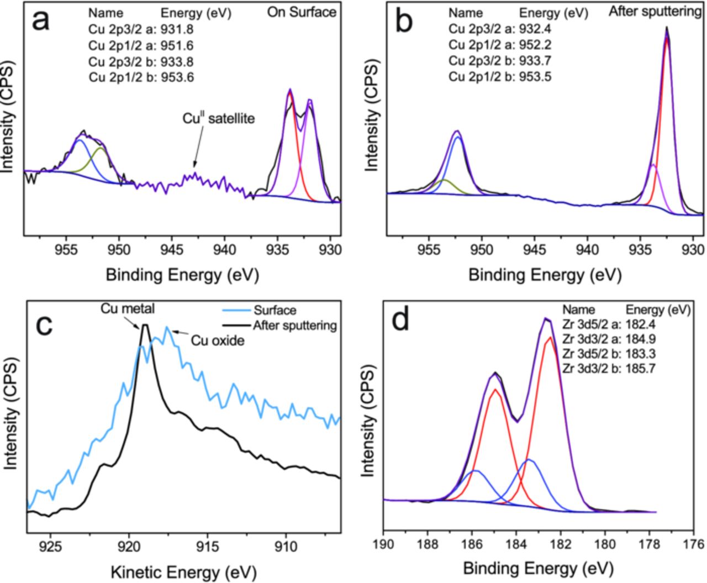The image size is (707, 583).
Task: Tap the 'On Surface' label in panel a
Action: pos(302,12)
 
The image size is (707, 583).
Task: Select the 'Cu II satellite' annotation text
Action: pos(219,118)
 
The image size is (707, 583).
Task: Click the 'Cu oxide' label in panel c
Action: pos(217,341)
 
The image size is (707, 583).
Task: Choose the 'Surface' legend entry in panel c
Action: pos(275,311)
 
